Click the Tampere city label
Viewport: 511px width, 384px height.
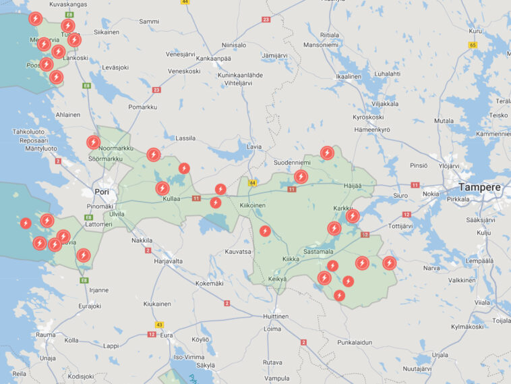(x=479, y=187)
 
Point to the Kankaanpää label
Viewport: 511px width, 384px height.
(x=214, y=58)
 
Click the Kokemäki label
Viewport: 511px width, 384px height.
(x=209, y=283)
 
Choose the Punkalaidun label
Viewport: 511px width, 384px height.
(x=355, y=342)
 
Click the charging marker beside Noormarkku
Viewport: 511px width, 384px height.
(x=93, y=142)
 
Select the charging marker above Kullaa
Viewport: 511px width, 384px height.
(x=162, y=188)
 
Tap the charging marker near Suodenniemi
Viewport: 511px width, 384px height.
(x=301, y=177)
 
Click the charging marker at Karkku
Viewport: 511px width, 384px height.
(x=352, y=216)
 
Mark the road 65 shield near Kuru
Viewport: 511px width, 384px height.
(x=473, y=45)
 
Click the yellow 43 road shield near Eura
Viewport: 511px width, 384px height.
(x=159, y=325)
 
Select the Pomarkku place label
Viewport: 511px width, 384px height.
(x=142, y=107)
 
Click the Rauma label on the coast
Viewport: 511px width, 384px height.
(x=46, y=335)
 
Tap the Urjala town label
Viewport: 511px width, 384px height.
(x=440, y=354)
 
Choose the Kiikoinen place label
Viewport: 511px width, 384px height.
(x=252, y=205)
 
